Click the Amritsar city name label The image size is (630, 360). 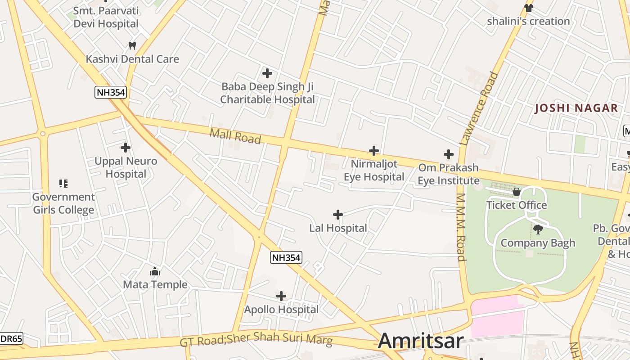pyautogui.click(x=420, y=341)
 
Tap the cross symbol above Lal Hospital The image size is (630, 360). pyautogui.click(x=338, y=215)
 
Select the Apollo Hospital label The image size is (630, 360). pyautogui.click(x=281, y=310)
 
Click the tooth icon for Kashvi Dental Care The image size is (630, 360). pyautogui.click(x=132, y=45)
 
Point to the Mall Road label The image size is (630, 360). pyautogui.click(x=235, y=135)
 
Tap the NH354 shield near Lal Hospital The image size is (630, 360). pyautogui.click(x=286, y=257)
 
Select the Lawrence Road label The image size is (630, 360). pyautogui.click(x=480, y=108)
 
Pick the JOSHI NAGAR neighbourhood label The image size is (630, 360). pyautogui.click(x=576, y=108)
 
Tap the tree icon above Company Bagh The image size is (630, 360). pyautogui.click(x=538, y=229)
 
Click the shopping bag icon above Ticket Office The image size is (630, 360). pyautogui.click(x=517, y=192)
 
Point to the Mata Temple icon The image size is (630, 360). pyautogui.click(x=155, y=271)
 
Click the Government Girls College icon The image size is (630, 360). pyautogui.click(x=63, y=184)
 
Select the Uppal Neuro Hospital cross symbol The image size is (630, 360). pyautogui.click(x=126, y=148)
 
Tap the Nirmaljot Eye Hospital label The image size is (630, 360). pyautogui.click(x=374, y=170)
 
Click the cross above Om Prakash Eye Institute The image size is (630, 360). pyautogui.click(x=449, y=154)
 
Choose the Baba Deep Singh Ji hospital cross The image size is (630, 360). pyautogui.click(x=267, y=73)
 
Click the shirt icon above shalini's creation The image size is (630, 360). pyautogui.click(x=528, y=8)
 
